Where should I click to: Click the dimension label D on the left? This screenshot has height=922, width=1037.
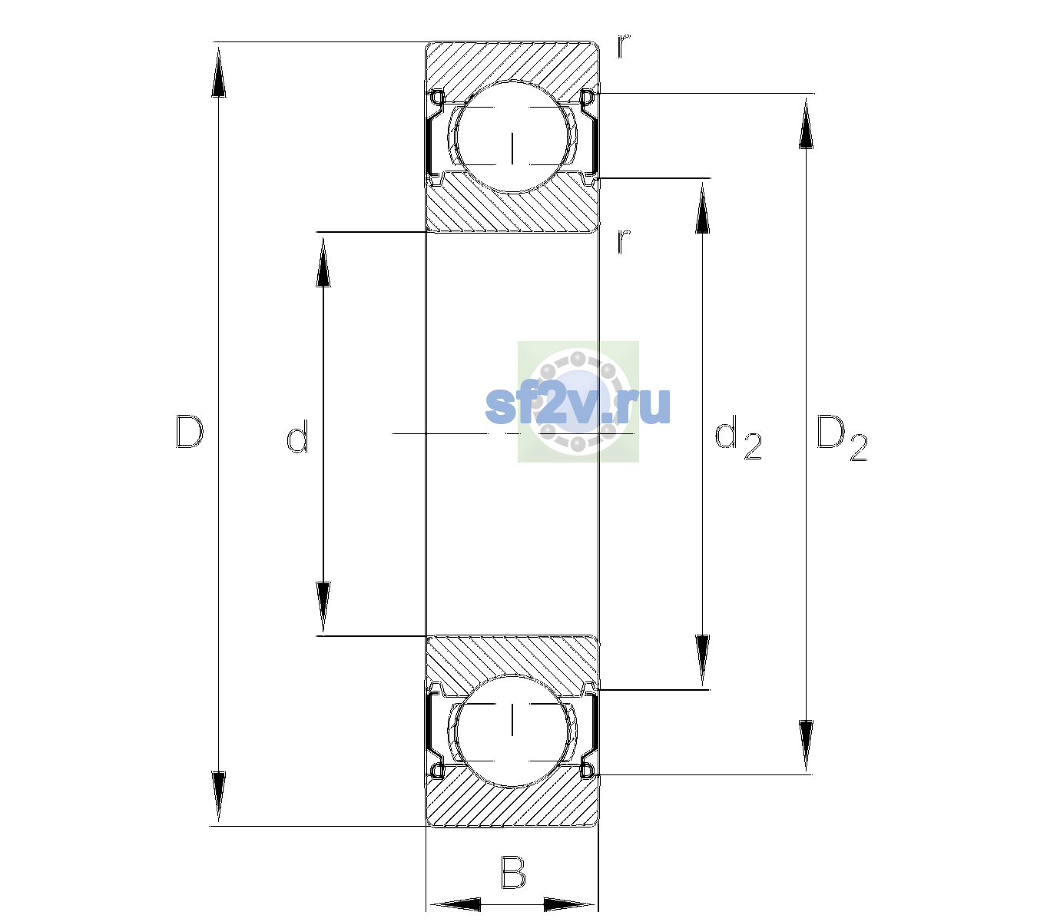[190, 432]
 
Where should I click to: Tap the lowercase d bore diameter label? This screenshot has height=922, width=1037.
[297, 436]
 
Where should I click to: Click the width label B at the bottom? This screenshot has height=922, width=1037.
[513, 872]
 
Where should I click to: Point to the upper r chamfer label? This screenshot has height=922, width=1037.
[624, 45]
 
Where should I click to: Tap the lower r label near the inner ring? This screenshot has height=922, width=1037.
[624, 241]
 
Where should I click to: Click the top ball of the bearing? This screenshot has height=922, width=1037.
[512, 137]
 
